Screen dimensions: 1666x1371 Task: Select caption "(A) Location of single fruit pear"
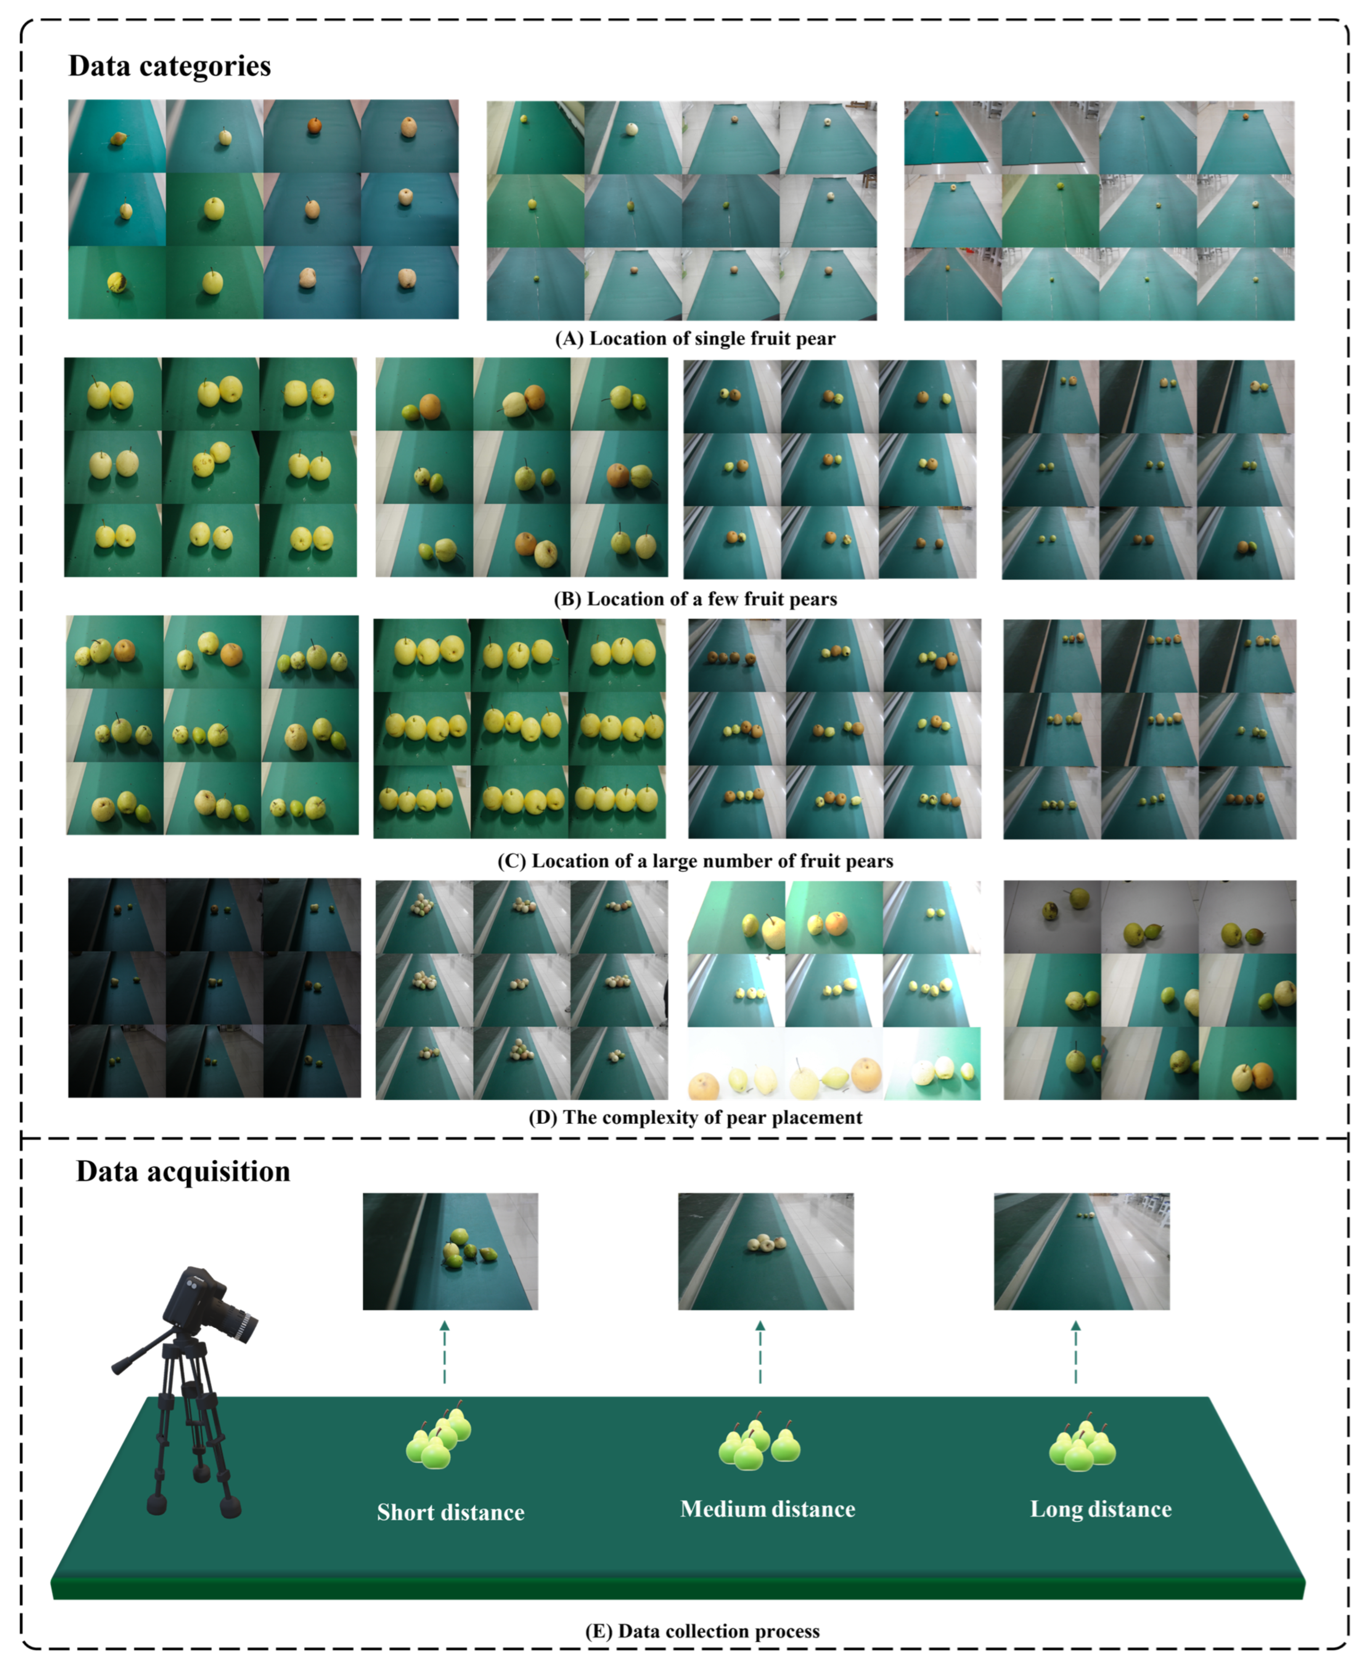point(695,339)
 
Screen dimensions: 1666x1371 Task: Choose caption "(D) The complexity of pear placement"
point(695,1117)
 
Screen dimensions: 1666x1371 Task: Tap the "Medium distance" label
point(768,1509)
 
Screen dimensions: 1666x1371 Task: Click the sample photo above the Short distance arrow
point(450,1251)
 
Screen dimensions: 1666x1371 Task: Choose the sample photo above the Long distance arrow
point(1081,1251)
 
